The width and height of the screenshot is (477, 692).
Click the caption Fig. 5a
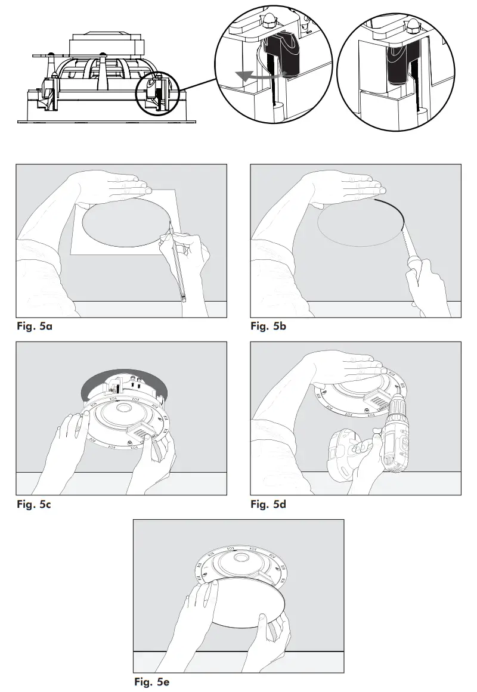point(37,327)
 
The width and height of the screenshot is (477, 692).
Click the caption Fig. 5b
point(268,327)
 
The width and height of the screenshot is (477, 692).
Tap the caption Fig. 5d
point(268,504)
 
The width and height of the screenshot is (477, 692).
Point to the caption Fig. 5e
point(152,682)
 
